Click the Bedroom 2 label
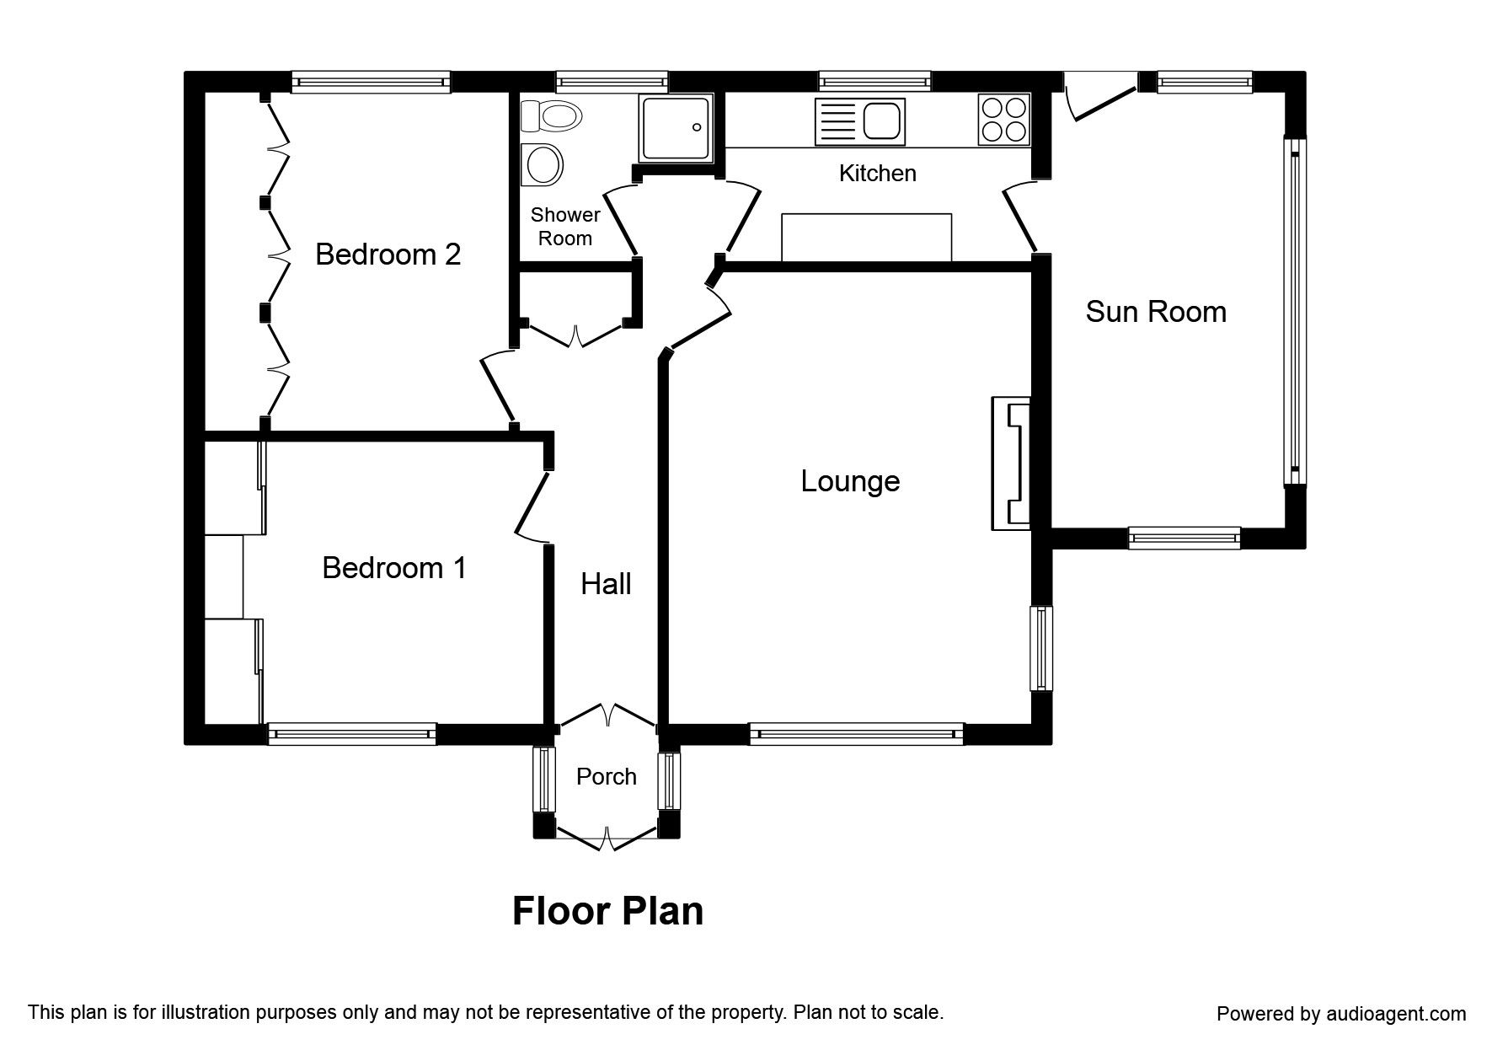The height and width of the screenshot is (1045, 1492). click(388, 254)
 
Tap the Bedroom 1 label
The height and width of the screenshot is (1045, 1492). click(394, 568)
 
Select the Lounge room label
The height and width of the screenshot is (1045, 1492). click(850, 481)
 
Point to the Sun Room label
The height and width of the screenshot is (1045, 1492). click(1156, 312)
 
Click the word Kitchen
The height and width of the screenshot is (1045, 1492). click(878, 173)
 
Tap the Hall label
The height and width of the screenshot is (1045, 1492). click(606, 583)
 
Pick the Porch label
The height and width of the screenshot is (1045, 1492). click(607, 776)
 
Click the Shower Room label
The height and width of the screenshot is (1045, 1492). click(565, 227)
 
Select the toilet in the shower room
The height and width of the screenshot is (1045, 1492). click(551, 115)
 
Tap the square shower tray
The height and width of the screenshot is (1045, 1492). click(676, 128)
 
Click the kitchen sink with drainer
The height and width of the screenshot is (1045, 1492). click(859, 121)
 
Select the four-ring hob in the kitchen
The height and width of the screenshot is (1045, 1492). click(1003, 119)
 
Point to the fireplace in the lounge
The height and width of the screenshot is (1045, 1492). click(1011, 464)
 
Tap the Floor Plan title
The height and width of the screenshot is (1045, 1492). click(608, 911)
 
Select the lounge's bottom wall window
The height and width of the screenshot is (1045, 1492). click(856, 734)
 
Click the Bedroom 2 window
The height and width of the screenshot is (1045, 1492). click(372, 82)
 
